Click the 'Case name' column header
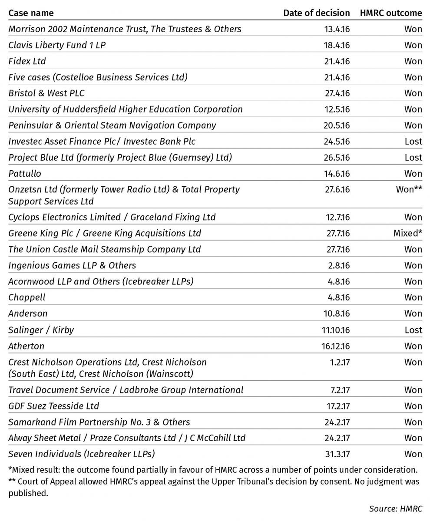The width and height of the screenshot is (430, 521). tap(31, 13)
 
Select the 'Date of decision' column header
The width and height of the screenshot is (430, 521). tap(316, 13)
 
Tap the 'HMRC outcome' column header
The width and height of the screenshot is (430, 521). tap(390, 13)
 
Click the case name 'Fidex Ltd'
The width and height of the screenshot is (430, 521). tap(27, 61)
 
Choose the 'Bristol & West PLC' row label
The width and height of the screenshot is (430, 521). tap(46, 93)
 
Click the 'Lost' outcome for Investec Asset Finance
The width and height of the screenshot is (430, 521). tap(413, 142)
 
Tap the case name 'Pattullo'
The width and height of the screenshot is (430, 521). tap(25, 174)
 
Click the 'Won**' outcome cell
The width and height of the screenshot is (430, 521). tap(409, 190)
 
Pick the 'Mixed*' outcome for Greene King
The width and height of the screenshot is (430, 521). tap(407, 233)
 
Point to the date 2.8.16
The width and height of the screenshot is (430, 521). tap(340, 265)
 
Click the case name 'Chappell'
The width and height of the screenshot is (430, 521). tap(26, 297)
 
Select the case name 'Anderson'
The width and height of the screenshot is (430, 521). tap(28, 313)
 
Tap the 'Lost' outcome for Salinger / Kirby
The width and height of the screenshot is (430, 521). tap(413, 330)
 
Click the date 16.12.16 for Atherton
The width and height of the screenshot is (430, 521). tap(335, 346)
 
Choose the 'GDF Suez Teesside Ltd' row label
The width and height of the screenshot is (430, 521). tap(53, 406)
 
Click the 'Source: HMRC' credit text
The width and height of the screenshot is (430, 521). tap(395, 508)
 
